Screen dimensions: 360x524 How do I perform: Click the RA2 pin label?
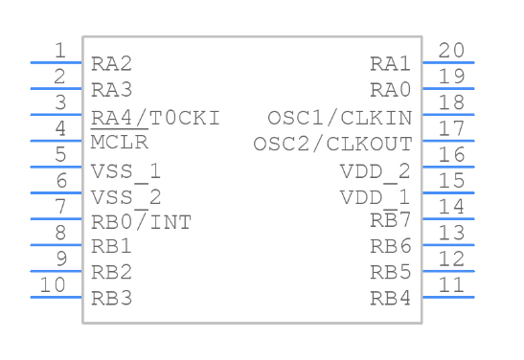pos(111,64)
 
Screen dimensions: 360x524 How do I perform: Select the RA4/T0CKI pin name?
pos(155,118)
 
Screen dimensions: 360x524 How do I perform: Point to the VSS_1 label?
pos(125,170)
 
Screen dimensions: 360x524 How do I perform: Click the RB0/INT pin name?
pos(141,222)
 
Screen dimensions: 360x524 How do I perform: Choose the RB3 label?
pos(111,297)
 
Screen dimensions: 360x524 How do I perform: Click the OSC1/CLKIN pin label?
pos(339,118)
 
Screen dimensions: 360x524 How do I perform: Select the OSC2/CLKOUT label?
pos(332,144)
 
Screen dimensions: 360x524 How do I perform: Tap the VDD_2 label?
pos(375,170)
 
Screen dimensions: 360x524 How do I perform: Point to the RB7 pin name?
pos(391,221)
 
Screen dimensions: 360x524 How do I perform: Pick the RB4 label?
pos(391,297)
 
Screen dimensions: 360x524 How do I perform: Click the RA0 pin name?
pos(391,90)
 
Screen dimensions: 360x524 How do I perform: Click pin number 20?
pos(451,51)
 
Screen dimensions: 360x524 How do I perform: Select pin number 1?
pos(60,51)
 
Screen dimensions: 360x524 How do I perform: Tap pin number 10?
pos(54,284)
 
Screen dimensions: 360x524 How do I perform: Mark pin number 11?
pos(451,284)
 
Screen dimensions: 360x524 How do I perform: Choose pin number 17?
pos(451,128)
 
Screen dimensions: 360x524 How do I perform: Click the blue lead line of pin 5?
pos(57,167)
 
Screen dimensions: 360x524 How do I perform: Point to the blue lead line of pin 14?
pos(448,218)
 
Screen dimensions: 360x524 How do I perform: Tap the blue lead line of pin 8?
pos(57,244)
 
